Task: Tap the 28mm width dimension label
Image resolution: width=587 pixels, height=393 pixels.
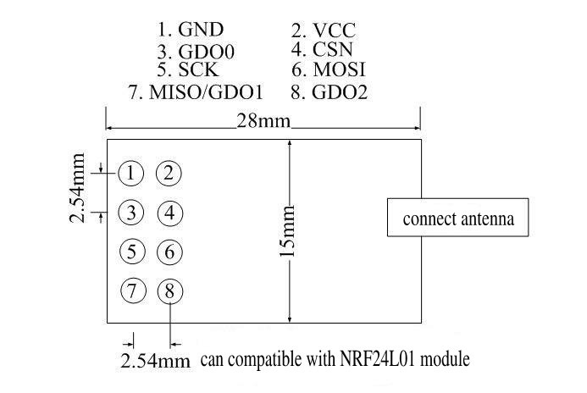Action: click(x=263, y=121)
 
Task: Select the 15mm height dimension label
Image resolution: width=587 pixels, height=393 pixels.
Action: click(x=287, y=231)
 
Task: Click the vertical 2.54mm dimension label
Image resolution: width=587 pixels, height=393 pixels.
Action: click(x=77, y=188)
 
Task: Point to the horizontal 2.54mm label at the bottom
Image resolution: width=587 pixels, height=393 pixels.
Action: click(x=155, y=361)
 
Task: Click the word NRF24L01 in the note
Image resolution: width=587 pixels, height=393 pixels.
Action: click(x=378, y=359)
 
